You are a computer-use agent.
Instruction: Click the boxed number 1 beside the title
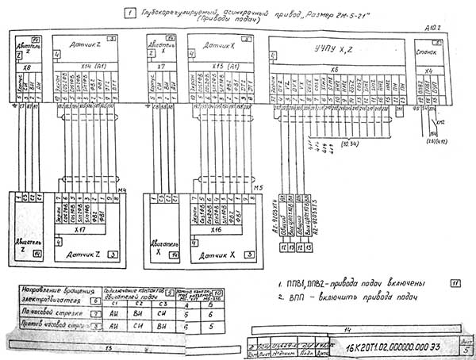(129, 12)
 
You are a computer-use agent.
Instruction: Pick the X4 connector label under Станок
(428, 70)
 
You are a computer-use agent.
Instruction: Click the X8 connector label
(26, 69)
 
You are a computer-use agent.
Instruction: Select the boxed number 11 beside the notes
(455, 282)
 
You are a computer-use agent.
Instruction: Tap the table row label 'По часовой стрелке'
(49, 312)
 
